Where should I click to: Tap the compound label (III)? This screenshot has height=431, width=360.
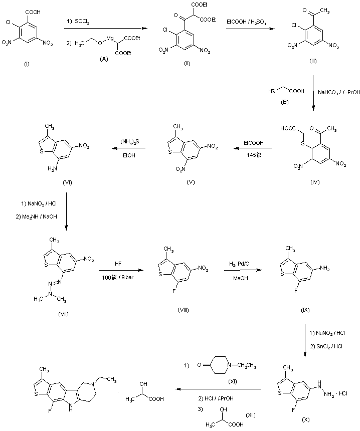pyautogui.click(x=313, y=61)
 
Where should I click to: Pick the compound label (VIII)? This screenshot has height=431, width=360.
pyautogui.click(x=183, y=311)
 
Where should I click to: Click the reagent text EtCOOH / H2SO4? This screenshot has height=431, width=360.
pyautogui.click(x=247, y=23)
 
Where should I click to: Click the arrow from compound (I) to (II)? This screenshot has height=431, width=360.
pyautogui.click(x=103, y=30)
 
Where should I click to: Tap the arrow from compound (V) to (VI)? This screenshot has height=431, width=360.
pyautogui.click(x=128, y=148)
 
